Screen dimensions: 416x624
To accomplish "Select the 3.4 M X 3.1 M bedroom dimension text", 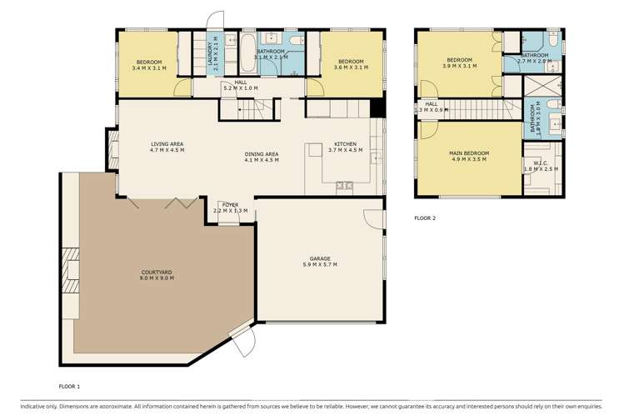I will pyautogui.click(x=150, y=68).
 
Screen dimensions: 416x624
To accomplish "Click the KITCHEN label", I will pyautogui.click(x=346, y=143).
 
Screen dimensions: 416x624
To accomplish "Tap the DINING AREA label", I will pyautogui.click(x=262, y=154).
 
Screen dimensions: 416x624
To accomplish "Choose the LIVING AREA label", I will pyautogui.click(x=167, y=143).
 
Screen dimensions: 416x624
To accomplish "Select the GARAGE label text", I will pyautogui.click(x=321, y=258).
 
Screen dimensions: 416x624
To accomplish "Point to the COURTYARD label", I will pyautogui.click(x=157, y=272).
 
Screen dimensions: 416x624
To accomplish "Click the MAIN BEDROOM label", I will pyautogui.click(x=469, y=153).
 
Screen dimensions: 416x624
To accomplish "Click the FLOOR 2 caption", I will pyautogui.click(x=425, y=218).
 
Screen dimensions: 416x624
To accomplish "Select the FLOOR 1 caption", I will pyautogui.click(x=69, y=387).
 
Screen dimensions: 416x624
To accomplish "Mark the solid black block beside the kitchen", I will pyautogui.click(x=377, y=108).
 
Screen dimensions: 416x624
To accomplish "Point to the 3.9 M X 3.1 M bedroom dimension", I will pyautogui.click(x=460, y=67).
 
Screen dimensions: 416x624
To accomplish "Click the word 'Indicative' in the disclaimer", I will pyautogui.click(x=34, y=405).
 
